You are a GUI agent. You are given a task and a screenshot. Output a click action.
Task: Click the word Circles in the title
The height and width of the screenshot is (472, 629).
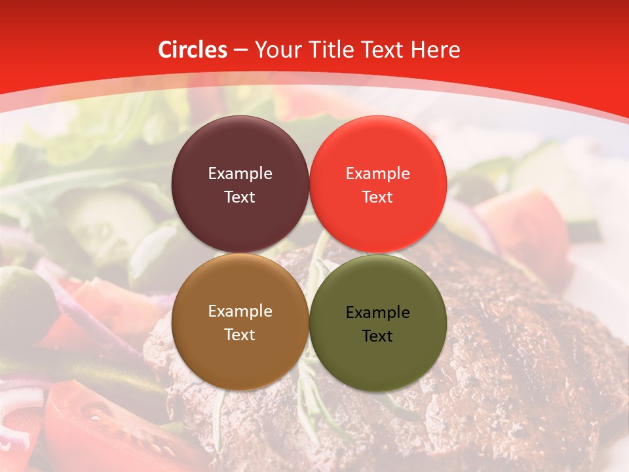point(193,50)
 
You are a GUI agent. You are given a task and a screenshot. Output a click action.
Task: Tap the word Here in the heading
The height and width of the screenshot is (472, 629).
point(435,50)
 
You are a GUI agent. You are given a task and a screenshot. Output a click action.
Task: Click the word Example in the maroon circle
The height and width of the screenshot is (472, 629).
point(240,174)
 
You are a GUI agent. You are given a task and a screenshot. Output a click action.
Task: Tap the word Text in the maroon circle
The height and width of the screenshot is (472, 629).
point(240,197)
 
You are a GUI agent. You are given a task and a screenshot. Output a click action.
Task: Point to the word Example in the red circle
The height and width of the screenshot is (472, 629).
point(377,174)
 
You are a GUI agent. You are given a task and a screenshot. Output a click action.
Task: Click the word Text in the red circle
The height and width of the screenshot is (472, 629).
point(377,197)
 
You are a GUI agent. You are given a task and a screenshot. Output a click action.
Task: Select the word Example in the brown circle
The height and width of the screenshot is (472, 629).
point(240,311)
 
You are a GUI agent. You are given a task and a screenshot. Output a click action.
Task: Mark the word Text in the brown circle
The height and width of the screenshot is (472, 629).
point(240,335)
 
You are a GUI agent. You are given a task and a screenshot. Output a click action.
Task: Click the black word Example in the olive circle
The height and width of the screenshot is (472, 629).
point(377,313)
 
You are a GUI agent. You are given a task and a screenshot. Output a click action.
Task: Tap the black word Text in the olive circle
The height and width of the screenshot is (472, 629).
point(377,336)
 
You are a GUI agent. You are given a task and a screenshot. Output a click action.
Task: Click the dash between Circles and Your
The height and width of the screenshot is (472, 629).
point(240,50)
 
